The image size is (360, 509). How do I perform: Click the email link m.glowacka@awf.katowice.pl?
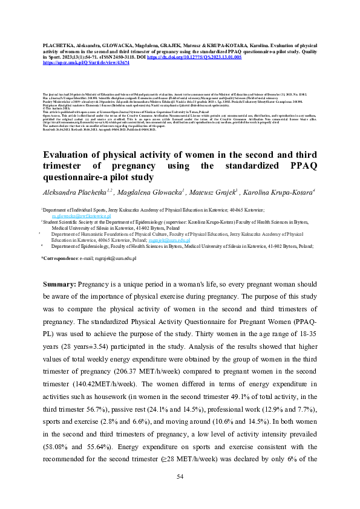point(81,215)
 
